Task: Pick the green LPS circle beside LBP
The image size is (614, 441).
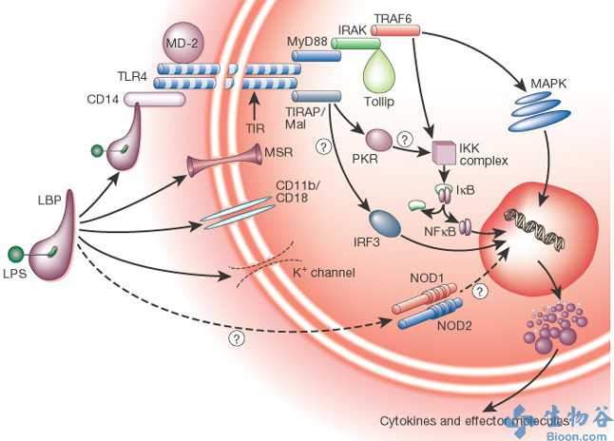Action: (x=14, y=253)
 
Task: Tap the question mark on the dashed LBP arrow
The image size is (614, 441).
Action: (x=233, y=337)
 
